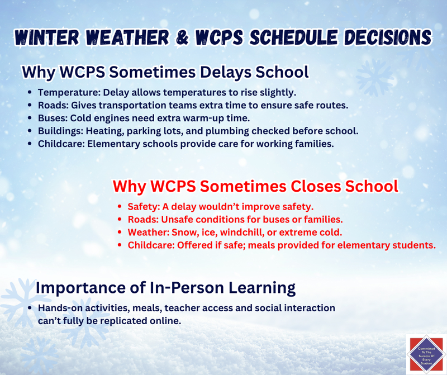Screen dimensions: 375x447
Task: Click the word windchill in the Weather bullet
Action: [x=243, y=231]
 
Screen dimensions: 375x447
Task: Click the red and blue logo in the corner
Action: [x=426, y=353]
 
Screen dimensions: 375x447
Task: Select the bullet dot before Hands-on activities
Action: [x=29, y=308]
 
